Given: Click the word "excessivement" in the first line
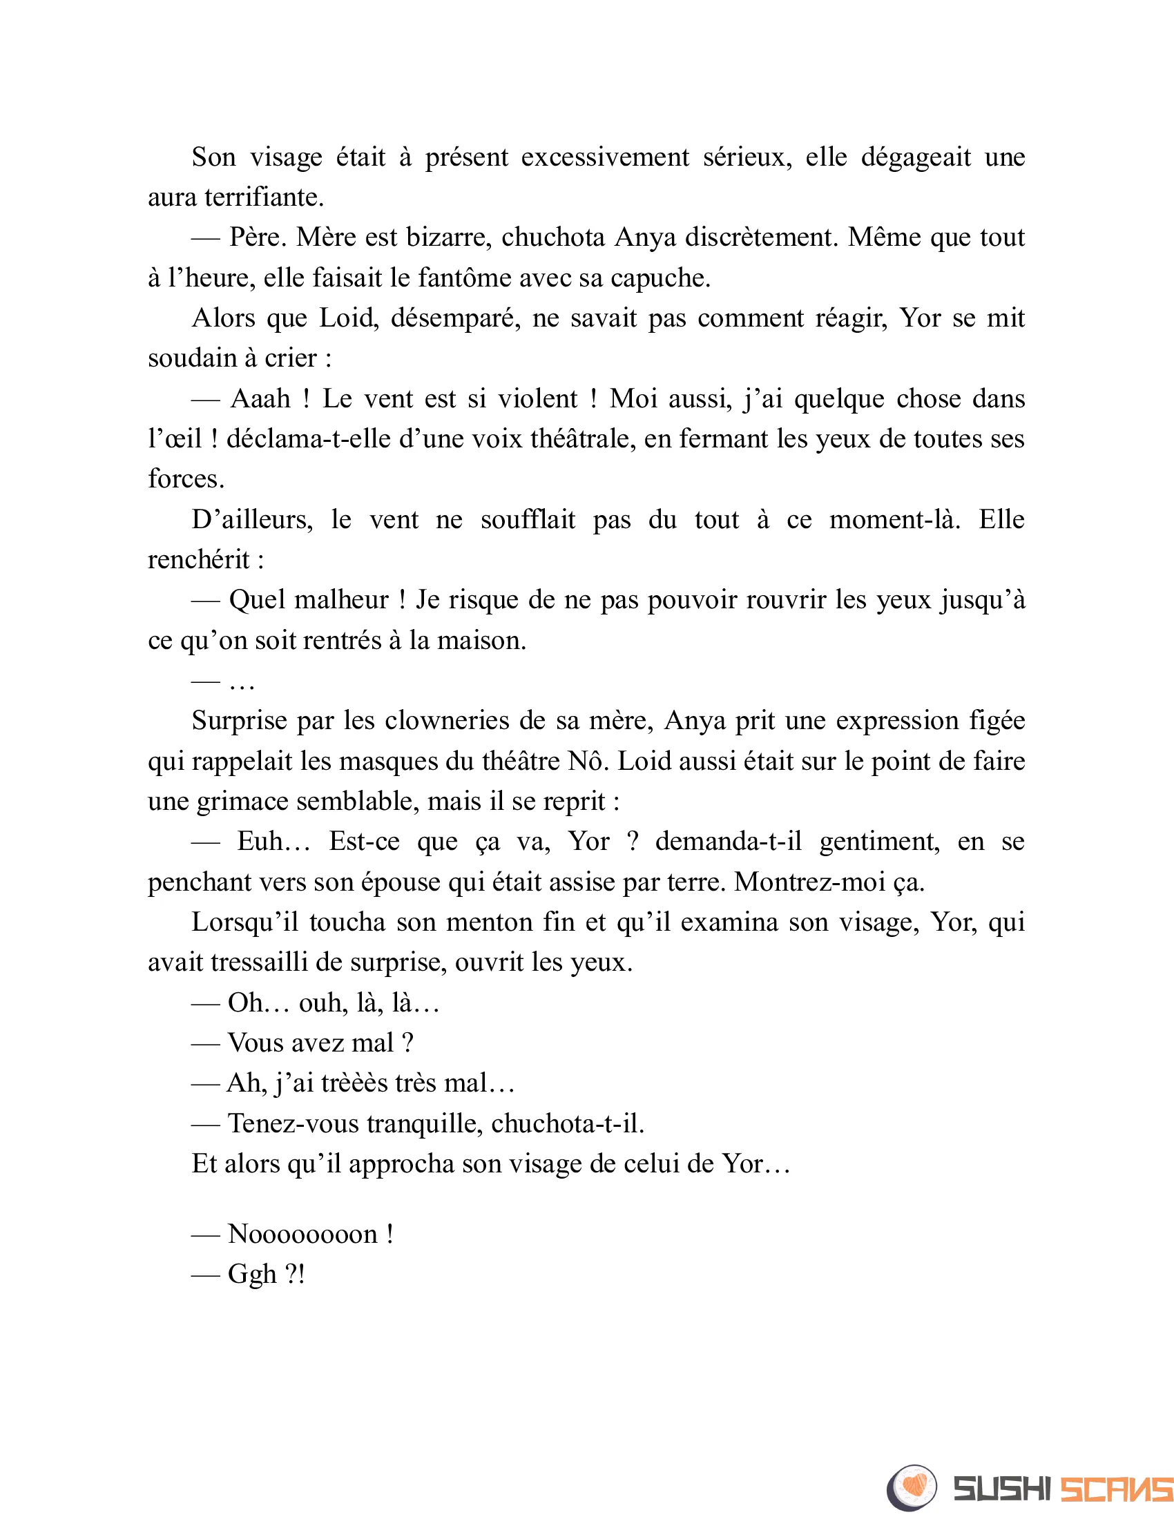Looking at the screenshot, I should (x=604, y=157).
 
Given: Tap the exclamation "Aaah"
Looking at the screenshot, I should (x=260, y=399).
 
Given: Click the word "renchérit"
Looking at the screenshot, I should (x=198, y=560).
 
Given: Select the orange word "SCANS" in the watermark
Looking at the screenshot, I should (x=1116, y=1489).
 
